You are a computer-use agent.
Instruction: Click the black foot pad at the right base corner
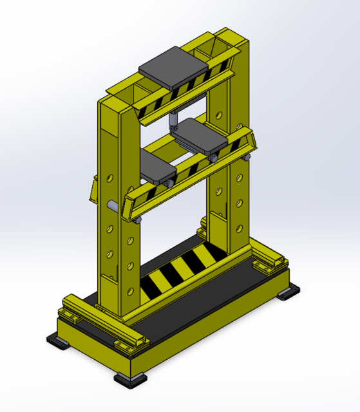tap(287, 293)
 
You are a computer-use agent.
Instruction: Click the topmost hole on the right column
tap(220, 116)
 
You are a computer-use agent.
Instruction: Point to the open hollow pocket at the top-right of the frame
tap(213, 48)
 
